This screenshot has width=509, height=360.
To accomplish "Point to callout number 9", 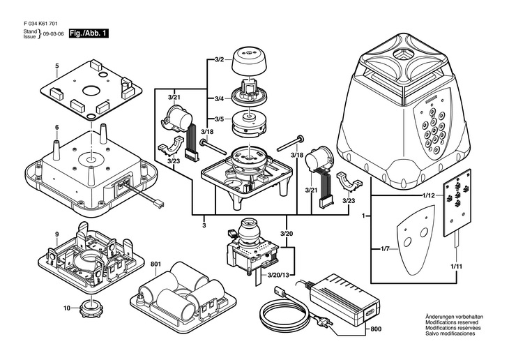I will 56,233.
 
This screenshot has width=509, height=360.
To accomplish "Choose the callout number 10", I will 67,308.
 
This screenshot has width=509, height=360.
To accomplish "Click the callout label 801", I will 156,264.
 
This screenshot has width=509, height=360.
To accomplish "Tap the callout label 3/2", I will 218,61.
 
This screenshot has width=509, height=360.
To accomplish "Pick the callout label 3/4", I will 218,98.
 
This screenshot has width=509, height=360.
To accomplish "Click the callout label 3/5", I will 218,119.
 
